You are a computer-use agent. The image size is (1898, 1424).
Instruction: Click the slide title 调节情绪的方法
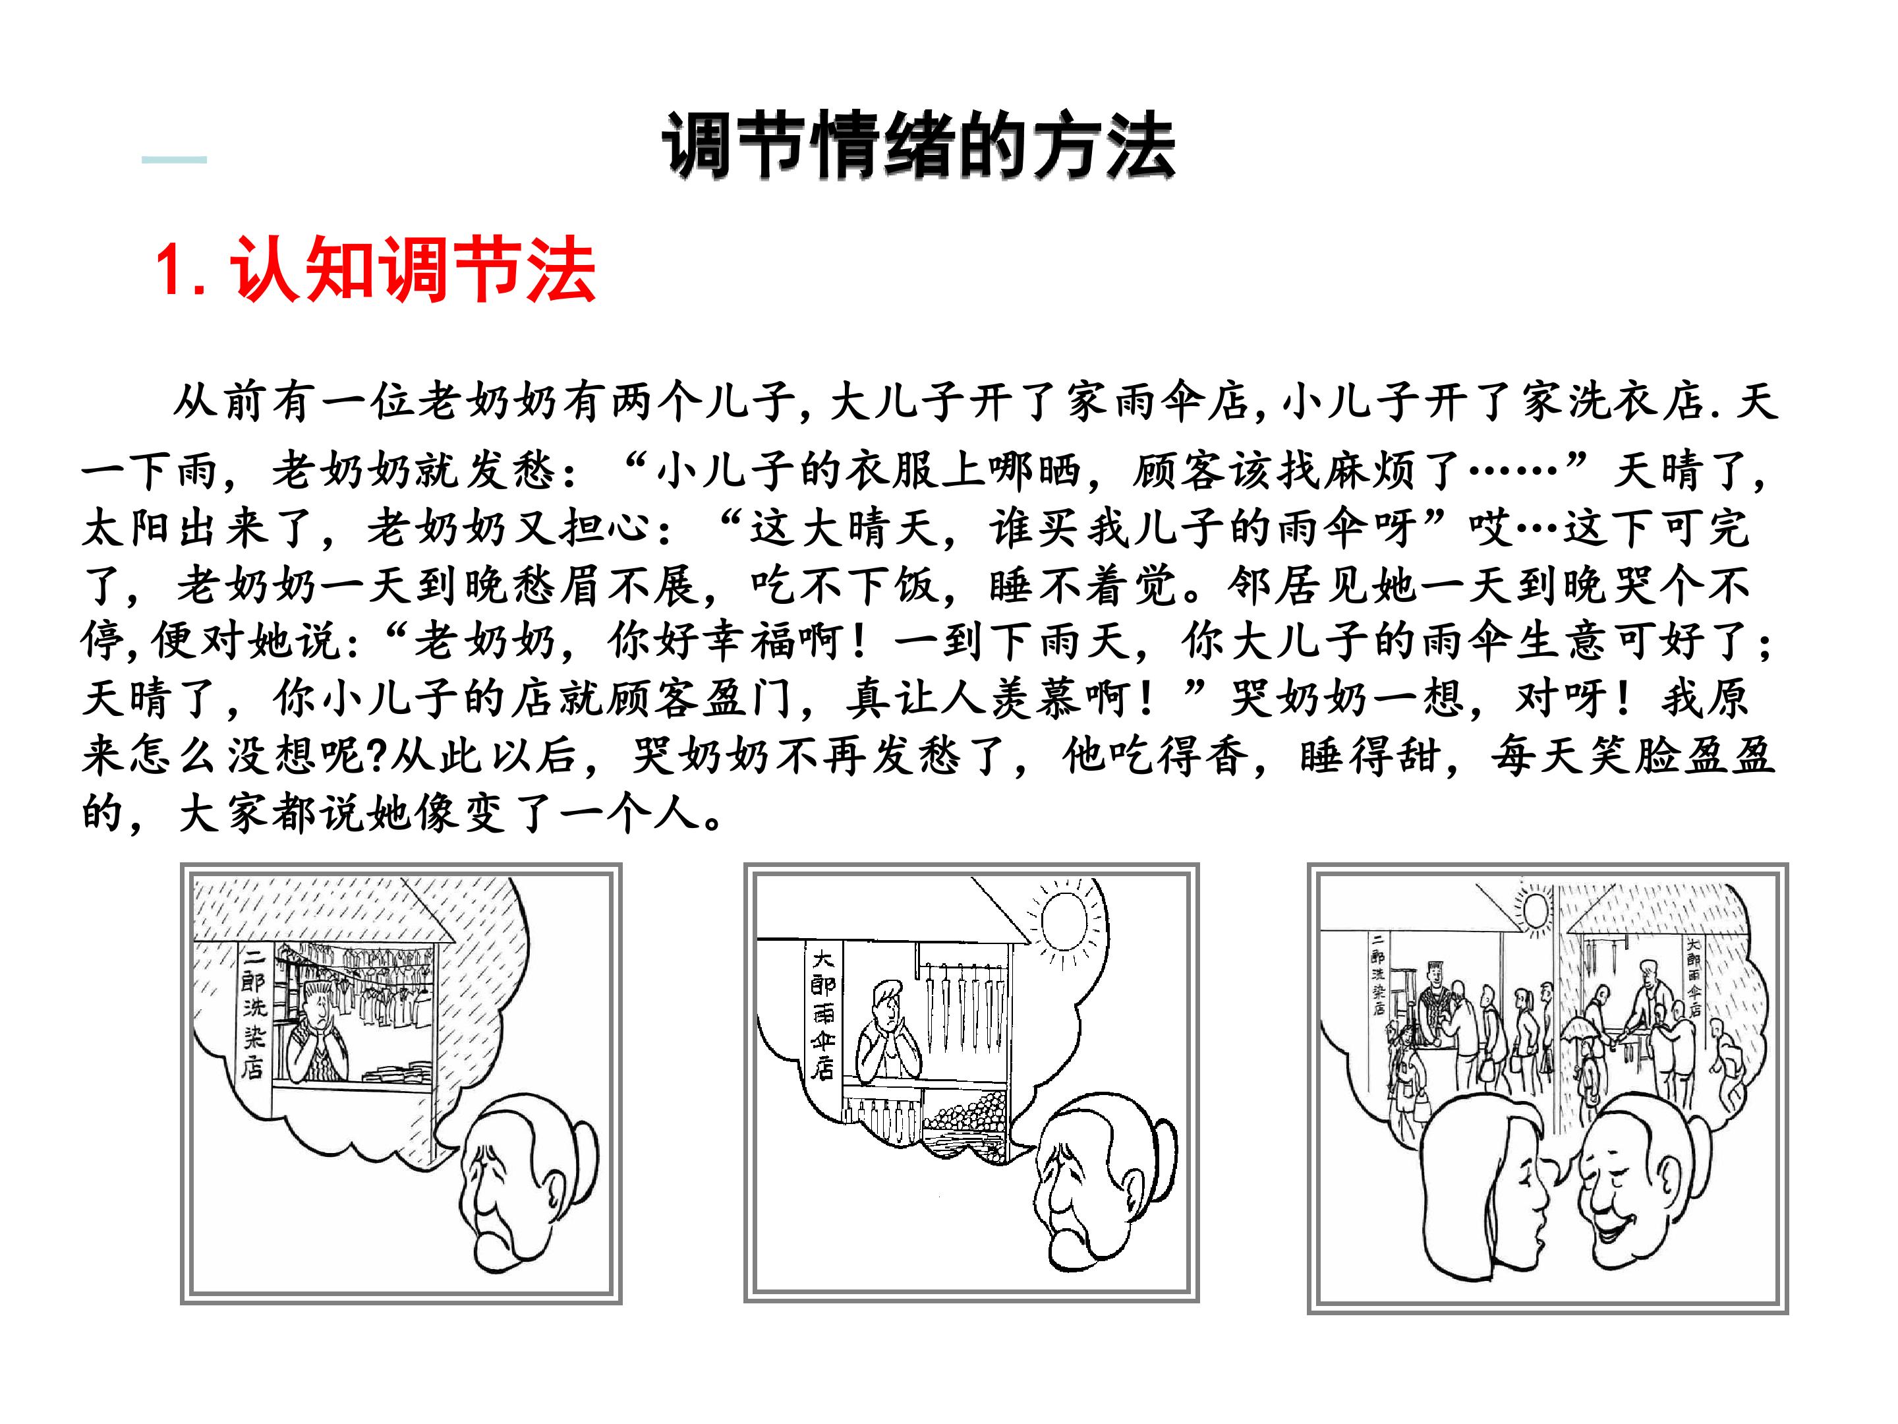(x=918, y=148)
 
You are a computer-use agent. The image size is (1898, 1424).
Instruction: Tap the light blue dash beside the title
(x=174, y=160)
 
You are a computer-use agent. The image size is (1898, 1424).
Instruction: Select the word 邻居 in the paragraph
(x=1273, y=586)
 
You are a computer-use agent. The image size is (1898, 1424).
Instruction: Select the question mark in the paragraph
(x=375, y=756)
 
